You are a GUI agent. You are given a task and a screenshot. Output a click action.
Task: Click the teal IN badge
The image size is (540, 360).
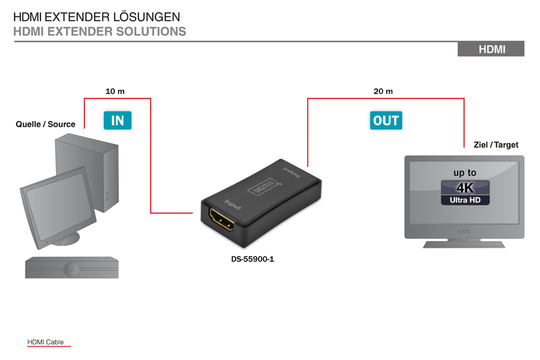[117, 120]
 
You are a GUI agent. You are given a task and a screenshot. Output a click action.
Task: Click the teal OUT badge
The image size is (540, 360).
[386, 120]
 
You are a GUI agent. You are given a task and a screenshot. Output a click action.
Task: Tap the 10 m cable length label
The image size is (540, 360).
[115, 91]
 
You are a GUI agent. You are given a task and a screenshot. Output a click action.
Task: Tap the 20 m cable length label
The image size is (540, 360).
[383, 91]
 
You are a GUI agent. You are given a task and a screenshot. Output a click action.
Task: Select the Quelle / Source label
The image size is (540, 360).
[45, 124]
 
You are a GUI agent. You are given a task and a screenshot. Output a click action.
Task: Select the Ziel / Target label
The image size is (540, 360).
[496, 145]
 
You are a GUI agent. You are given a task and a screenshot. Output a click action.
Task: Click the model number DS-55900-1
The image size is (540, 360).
[252, 259]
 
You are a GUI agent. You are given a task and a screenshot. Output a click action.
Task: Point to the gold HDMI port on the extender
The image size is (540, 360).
[222, 220]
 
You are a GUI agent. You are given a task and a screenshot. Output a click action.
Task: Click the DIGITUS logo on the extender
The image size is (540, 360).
[263, 186]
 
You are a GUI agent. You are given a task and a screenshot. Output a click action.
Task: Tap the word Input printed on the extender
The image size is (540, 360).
[233, 204]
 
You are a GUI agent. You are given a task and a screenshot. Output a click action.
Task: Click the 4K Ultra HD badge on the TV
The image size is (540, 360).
[465, 192]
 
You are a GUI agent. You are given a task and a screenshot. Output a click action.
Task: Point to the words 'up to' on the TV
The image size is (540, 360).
[465, 173]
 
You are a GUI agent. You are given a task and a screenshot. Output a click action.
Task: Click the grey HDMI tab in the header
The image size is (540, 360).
[491, 49]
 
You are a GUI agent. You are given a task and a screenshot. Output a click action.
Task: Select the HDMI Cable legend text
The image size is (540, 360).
[45, 342]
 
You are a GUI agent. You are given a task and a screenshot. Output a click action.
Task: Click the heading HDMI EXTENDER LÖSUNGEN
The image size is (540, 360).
[97, 17]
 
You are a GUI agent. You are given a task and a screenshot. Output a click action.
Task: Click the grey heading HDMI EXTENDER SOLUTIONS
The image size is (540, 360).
[99, 31]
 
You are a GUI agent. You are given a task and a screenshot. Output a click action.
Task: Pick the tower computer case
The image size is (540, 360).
[87, 172]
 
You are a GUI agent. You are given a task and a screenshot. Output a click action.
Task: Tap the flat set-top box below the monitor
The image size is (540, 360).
[72, 267]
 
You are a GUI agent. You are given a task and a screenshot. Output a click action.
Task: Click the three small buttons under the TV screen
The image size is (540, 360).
[464, 232]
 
